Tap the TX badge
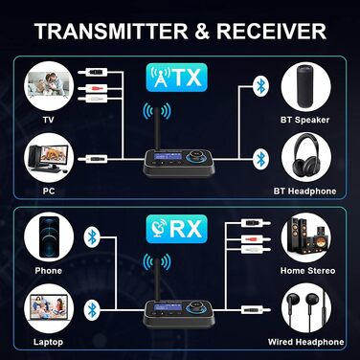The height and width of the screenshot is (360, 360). point(179,76)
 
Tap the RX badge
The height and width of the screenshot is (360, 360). point(179,230)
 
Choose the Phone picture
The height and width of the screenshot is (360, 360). point(48,236)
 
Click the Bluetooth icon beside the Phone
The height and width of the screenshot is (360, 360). point(92,236)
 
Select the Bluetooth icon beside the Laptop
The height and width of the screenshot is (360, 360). point(92,308)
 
